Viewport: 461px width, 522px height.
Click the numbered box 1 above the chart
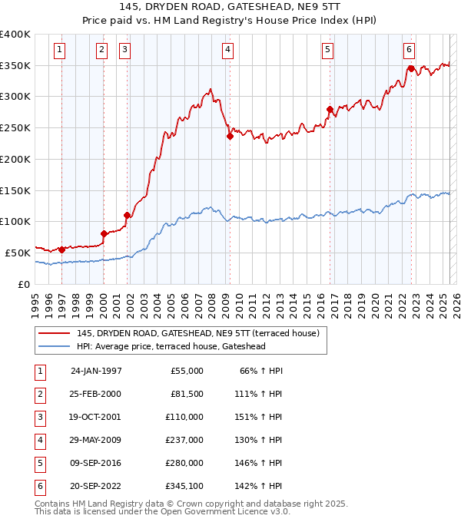[x=60, y=51]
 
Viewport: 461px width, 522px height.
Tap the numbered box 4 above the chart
[x=228, y=51]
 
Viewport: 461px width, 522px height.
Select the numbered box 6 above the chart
[x=410, y=51]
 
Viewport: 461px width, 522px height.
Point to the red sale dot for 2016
[x=330, y=110]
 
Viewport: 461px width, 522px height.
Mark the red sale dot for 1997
[x=61, y=249]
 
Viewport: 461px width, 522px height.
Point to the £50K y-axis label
[x=18, y=253]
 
